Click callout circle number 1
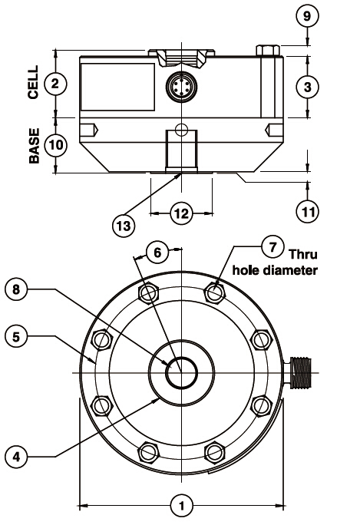[182, 505]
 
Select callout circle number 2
[55, 84]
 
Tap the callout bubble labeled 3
[308, 87]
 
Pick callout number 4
[16, 457]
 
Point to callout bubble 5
[16, 336]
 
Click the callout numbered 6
[157, 252]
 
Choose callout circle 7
[272, 246]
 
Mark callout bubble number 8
[16, 289]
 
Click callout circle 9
[308, 16]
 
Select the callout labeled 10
[56, 145]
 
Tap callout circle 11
[308, 211]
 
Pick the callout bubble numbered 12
[182, 213]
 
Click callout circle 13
[124, 226]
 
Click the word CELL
[33, 82]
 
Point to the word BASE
[34, 146]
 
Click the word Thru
[303, 254]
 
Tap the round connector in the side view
[181, 87]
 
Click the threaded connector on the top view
[299, 373]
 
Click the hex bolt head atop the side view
[268, 50]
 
